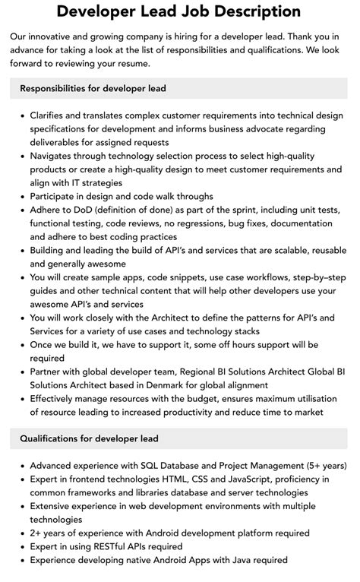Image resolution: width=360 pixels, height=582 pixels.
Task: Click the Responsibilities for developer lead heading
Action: click(x=93, y=88)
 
